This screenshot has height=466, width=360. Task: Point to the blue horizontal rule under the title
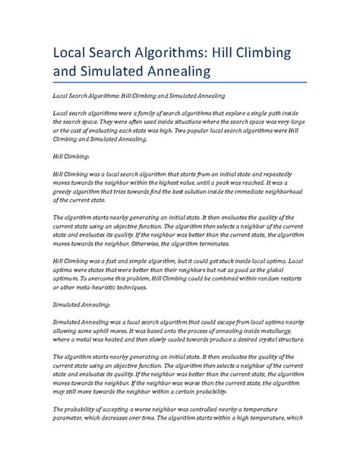coord(179,84)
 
